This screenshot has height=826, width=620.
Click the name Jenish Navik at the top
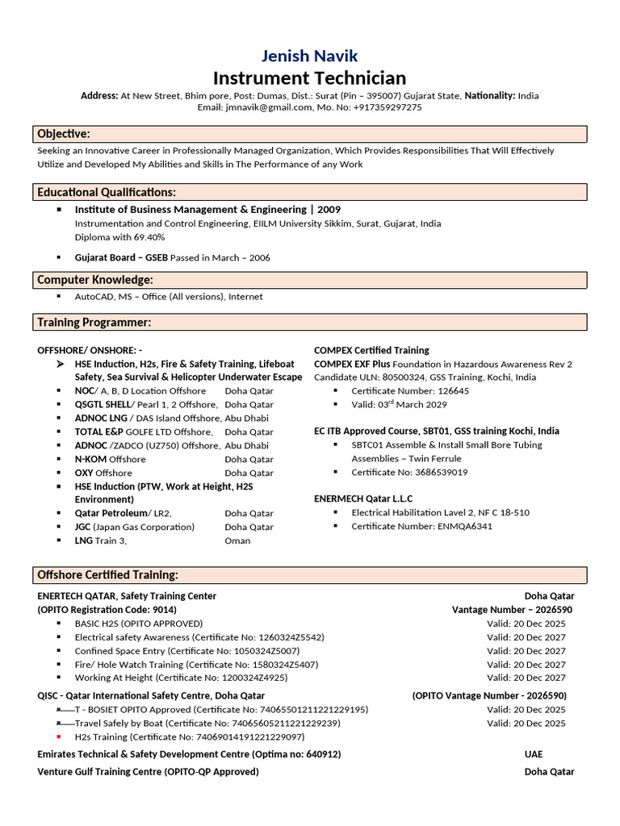(x=309, y=56)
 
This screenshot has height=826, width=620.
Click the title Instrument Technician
(x=309, y=77)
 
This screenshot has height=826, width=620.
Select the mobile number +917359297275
(x=387, y=107)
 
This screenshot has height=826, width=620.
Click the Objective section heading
(x=64, y=134)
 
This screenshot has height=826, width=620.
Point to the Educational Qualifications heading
(x=107, y=192)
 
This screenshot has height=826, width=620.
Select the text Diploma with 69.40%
(x=119, y=237)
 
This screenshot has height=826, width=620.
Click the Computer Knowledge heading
(x=94, y=280)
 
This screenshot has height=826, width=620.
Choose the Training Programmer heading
(x=94, y=323)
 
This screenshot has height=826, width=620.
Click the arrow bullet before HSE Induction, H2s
(x=60, y=365)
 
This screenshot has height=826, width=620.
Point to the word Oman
(x=237, y=541)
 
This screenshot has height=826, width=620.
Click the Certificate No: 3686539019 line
(x=409, y=473)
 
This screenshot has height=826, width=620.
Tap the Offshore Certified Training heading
(x=107, y=575)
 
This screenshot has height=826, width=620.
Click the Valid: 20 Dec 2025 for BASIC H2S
(x=526, y=624)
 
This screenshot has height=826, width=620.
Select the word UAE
(x=534, y=754)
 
